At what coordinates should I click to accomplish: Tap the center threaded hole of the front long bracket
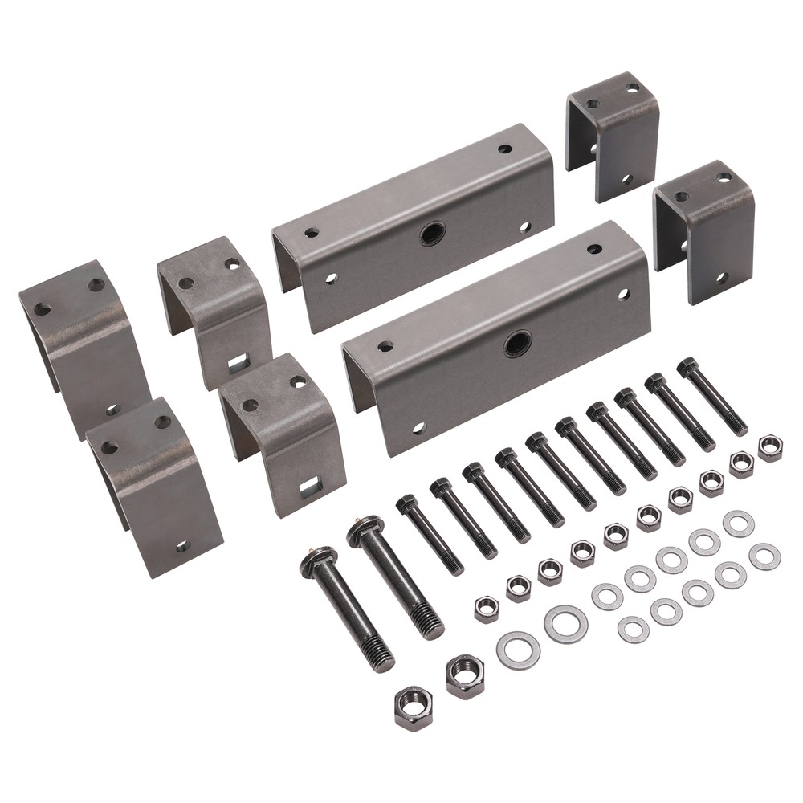[518, 344]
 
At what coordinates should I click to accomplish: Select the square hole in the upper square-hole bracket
[238, 364]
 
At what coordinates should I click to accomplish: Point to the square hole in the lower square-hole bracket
[310, 484]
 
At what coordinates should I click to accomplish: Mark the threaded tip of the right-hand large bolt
[431, 624]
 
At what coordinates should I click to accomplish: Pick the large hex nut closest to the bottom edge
[414, 707]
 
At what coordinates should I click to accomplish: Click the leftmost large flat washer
[518, 650]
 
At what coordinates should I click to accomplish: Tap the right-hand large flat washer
[566, 624]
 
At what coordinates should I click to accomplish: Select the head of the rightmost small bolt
[688, 368]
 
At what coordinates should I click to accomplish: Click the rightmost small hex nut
[770, 447]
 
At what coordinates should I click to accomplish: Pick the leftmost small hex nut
[487, 609]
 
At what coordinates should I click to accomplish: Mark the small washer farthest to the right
[764, 556]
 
